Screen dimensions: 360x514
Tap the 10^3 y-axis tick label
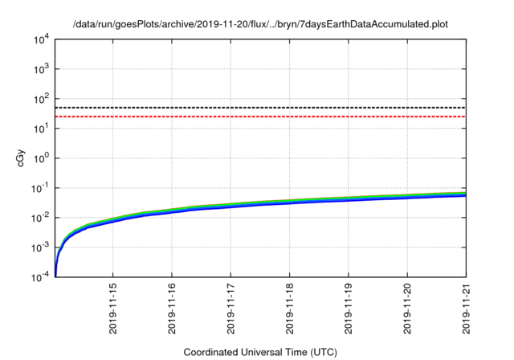(x=42, y=69)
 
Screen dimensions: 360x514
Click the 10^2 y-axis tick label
(x=42, y=99)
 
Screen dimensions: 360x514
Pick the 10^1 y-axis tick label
(x=42, y=129)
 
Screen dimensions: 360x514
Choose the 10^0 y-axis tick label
(x=42, y=158)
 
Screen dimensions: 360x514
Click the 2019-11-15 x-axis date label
(x=114, y=309)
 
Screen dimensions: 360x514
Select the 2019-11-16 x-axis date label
(x=173, y=309)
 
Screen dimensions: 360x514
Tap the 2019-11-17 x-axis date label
(x=231, y=309)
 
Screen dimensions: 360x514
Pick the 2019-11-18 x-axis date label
(x=290, y=309)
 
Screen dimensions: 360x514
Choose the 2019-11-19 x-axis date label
(x=349, y=309)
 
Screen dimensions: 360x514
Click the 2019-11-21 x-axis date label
(x=466, y=309)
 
